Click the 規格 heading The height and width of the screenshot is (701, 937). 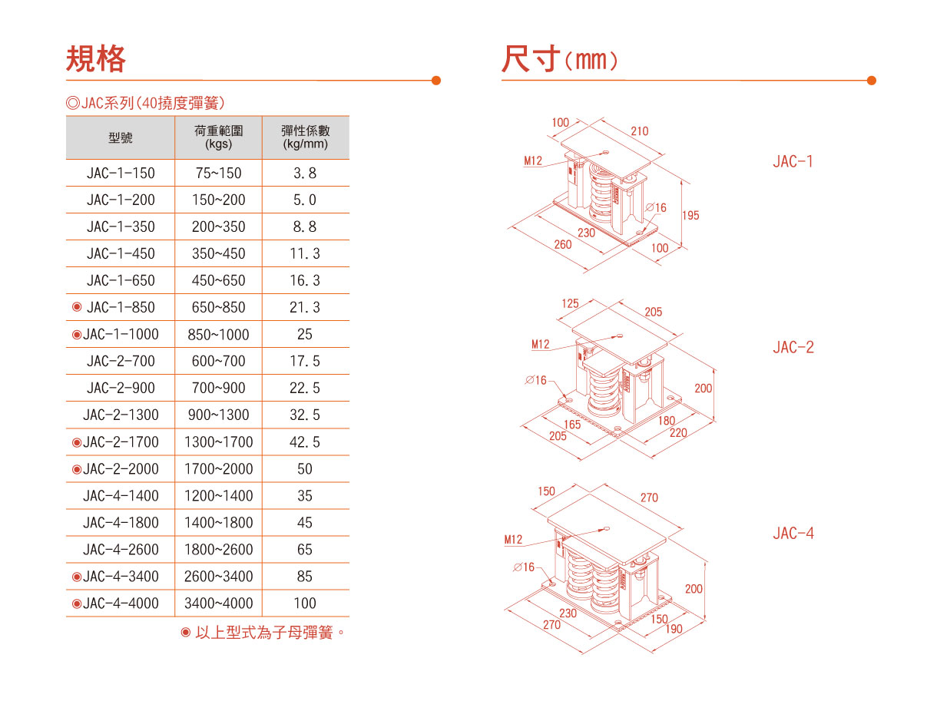point(96,58)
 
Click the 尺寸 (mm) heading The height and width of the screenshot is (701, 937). point(560,58)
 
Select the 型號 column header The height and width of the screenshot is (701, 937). point(121,137)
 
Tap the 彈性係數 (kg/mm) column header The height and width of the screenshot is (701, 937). point(305,137)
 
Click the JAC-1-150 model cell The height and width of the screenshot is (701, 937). point(121,173)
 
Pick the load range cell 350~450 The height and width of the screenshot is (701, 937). point(219,253)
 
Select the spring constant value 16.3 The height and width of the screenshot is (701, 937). point(305,280)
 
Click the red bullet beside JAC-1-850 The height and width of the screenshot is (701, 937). point(77,307)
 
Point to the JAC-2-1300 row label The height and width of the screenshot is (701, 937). point(121,415)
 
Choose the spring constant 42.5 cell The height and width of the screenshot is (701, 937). point(305,441)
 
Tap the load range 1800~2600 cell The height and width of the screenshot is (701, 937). point(219,549)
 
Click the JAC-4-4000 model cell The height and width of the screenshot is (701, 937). point(121,603)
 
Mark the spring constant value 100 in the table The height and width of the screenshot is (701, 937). point(305,603)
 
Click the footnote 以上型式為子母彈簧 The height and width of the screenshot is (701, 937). point(263,633)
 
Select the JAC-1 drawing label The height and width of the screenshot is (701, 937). point(793,161)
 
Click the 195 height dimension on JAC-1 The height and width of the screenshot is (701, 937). point(690,216)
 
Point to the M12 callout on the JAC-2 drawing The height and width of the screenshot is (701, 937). point(541,344)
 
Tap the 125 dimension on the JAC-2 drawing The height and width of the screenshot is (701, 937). point(571,303)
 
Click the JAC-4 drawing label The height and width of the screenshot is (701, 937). point(793,533)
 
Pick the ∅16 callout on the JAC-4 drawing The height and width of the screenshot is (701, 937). point(524,567)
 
